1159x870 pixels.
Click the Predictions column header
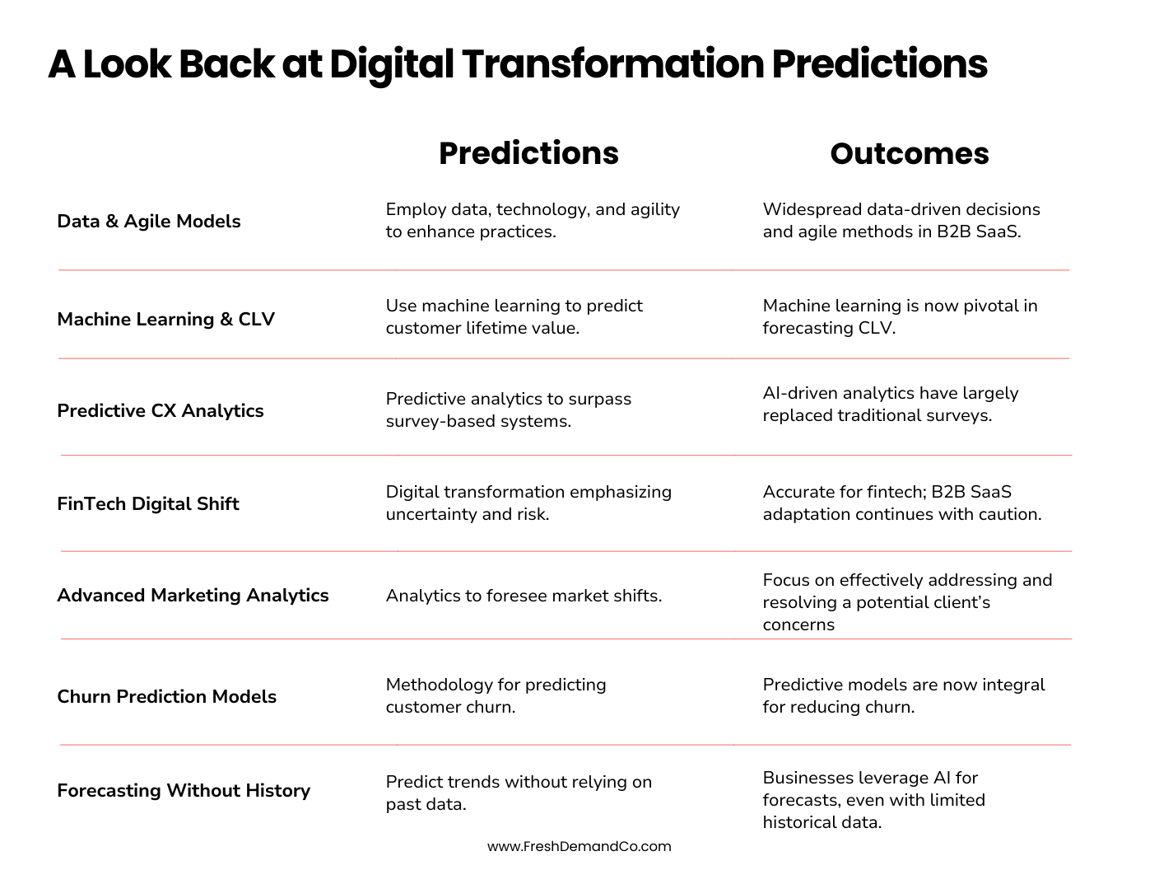tap(528, 153)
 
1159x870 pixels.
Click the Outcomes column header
tap(909, 153)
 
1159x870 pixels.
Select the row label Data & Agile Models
tap(149, 221)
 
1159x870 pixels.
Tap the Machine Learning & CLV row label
tap(165, 319)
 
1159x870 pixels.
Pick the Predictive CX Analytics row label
tap(161, 410)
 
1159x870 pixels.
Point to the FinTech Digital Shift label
tap(148, 503)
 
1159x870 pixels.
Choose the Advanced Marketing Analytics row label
tap(193, 595)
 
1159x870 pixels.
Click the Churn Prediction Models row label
tap(166, 696)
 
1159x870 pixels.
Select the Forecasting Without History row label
tap(184, 790)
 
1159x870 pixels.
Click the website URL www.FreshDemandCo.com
tap(579, 846)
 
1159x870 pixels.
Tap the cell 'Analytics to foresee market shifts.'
tap(524, 595)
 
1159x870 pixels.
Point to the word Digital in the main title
tap(391, 63)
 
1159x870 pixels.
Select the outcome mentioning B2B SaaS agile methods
tap(901, 220)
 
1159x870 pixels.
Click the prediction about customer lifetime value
tap(514, 316)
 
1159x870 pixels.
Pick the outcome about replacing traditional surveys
tap(890, 404)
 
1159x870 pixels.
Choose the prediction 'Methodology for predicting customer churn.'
tap(496, 695)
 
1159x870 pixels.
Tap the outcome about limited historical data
tap(873, 799)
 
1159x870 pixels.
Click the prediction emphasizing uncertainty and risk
tap(528, 503)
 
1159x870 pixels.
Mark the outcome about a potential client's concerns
tap(907, 601)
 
